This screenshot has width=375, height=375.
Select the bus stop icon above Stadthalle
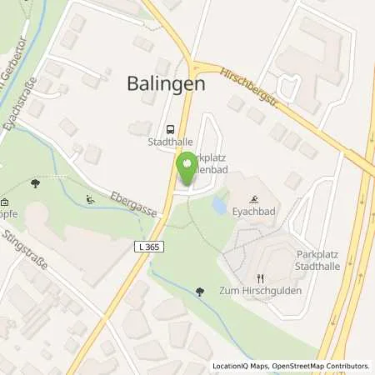click(171, 130)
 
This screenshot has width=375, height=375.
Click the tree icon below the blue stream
click(198, 292)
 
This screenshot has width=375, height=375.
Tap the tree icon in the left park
click(35, 182)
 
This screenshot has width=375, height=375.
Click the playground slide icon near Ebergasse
click(89, 199)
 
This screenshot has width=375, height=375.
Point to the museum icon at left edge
click(4, 202)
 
